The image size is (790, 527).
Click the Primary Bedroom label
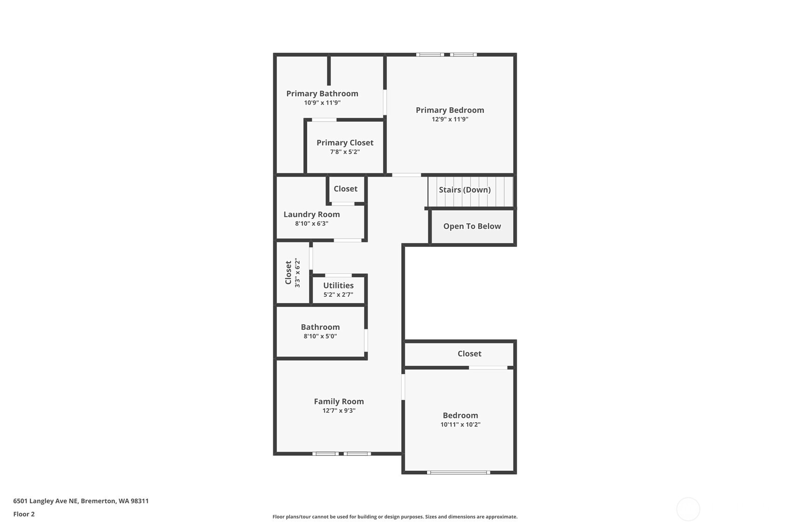[450, 110]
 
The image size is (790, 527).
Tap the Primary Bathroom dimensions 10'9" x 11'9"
[322, 103]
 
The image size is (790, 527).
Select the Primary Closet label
[344, 143]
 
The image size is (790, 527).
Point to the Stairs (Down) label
[465, 190]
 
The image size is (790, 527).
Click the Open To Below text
[472, 226]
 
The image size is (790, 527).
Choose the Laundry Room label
[311, 214]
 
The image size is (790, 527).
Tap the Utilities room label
[338, 285]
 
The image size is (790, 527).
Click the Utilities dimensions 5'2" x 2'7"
[338, 294]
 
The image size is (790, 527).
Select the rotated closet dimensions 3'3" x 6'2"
[297, 273]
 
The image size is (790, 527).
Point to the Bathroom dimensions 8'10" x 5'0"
[320, 336]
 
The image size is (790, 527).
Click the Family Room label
[338, 401]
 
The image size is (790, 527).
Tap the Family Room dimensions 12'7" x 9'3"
[338, 411]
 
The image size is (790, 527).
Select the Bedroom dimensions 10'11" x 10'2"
[460, 424]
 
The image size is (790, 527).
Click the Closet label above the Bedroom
[469, 354]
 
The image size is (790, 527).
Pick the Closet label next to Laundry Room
[345, 189]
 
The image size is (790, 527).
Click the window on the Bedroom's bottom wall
[458, 472]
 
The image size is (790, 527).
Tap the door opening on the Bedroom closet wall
[488, 368]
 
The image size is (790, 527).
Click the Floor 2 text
[24, 514]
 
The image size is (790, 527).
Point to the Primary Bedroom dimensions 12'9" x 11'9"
[450, 119]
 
